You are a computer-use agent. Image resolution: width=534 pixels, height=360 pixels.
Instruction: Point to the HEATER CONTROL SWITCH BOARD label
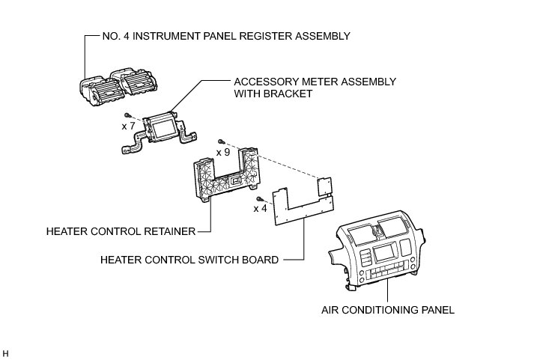(x=189, y=260)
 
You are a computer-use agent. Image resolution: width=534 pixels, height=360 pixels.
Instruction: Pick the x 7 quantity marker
(x=128, y=126)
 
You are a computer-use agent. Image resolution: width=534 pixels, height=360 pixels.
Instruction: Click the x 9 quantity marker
(x=223, y=152)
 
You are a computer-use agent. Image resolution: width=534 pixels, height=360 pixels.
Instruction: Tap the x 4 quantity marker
(x=261, y=208)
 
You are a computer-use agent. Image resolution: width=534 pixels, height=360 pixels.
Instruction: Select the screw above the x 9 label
(x=222, y=141)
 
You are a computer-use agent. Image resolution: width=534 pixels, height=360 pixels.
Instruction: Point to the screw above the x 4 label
(x=259, y=198)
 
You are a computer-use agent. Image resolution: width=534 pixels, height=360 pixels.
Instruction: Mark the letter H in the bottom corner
(x=5, y=352)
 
